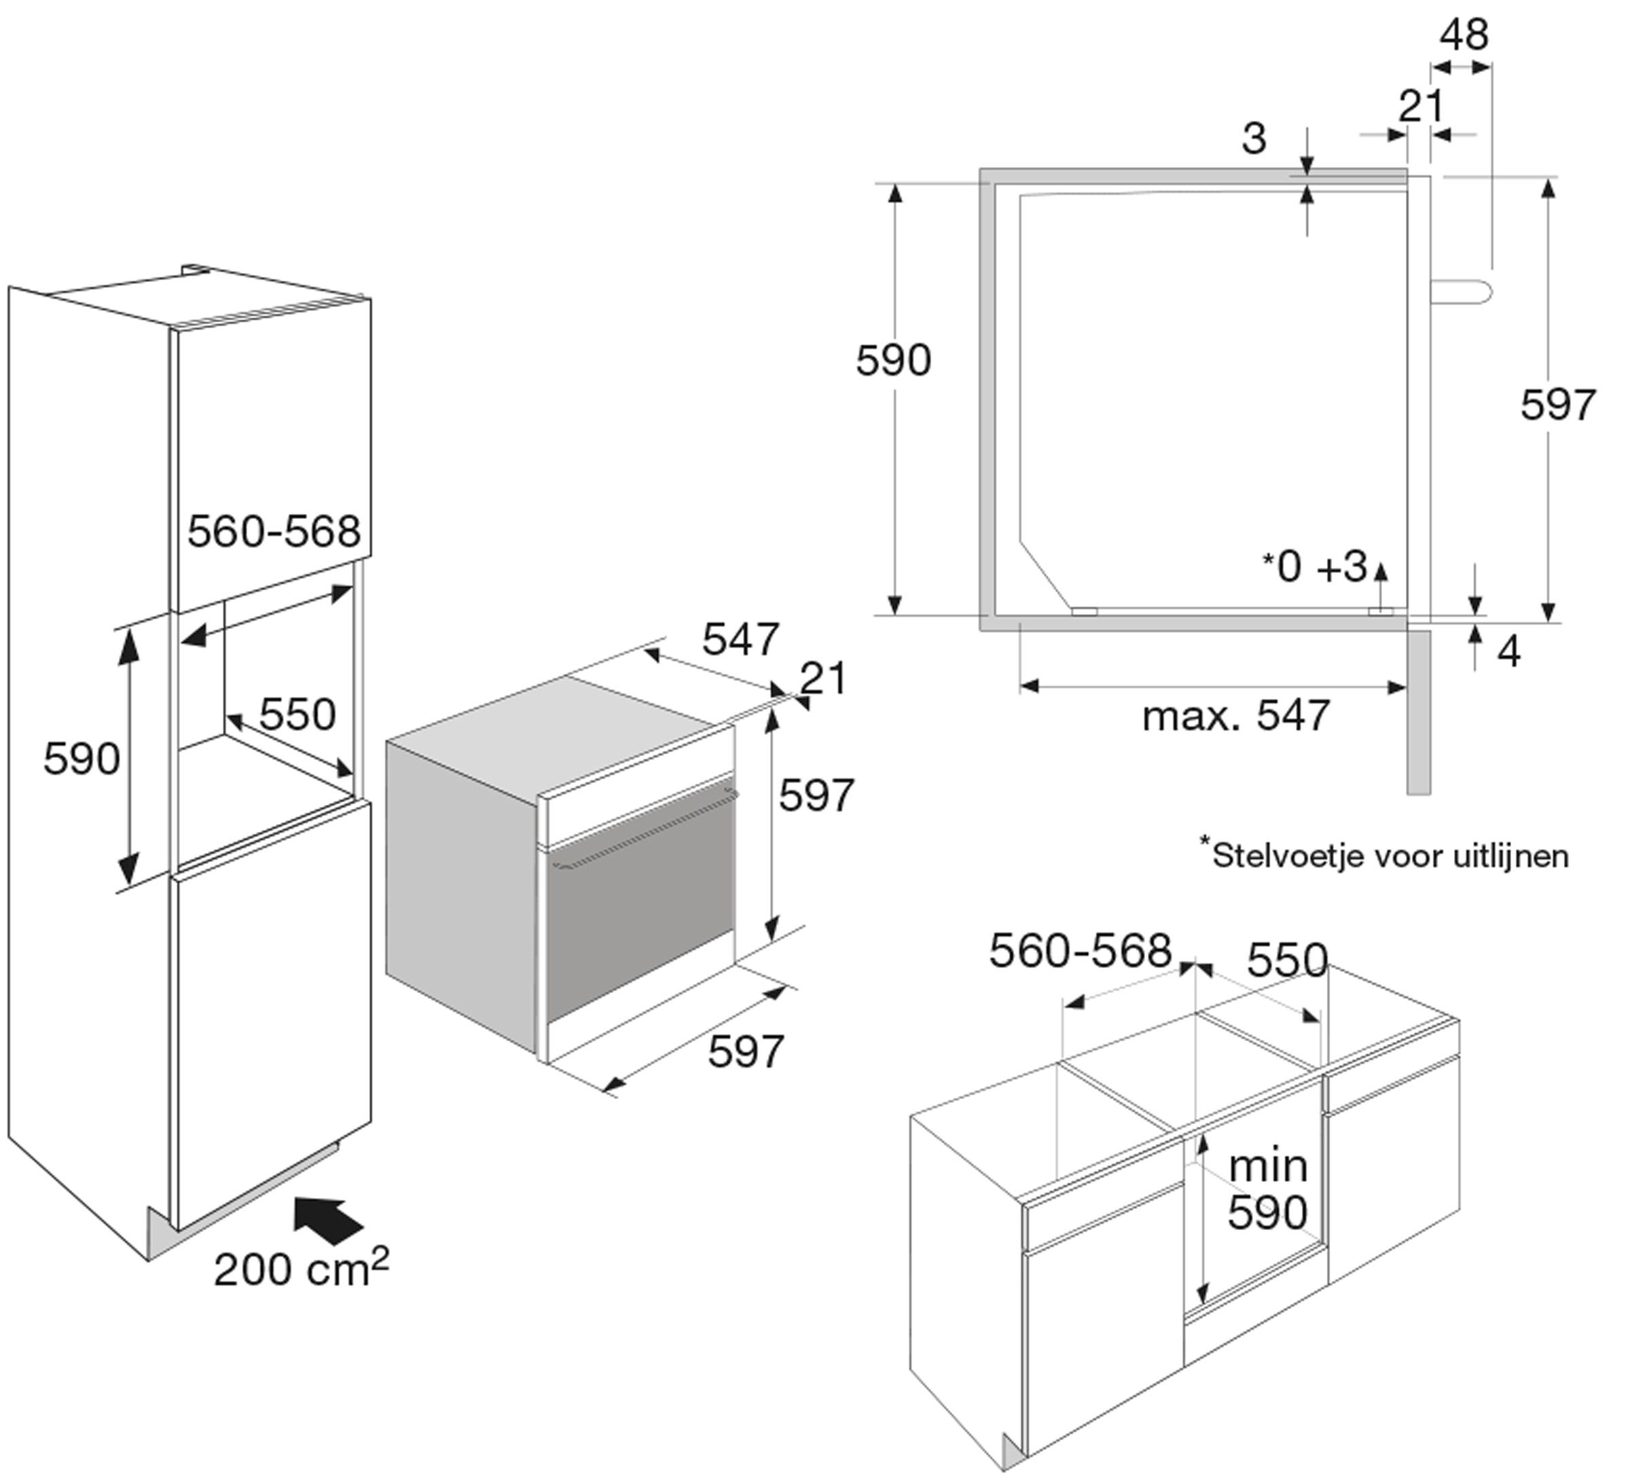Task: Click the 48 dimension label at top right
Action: tap(1464, 35)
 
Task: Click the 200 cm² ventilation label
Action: tap(301, 1268)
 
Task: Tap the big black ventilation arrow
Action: tap(327, 1220)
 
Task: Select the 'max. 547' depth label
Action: tap(1235, 716)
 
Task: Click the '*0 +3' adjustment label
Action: tap(1316, 567)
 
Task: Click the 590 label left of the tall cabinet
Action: tap(81, 759)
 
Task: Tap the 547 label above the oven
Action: tap(740, 640)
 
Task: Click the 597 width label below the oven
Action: tap(746, 1051)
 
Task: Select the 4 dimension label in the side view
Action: tap(1508, 652)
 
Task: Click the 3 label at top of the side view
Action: tap(1253, 139)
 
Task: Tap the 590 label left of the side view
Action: tap(892, 361)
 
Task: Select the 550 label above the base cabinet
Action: tap(1287, 960)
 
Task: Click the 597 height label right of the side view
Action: tap(1557, 404)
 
